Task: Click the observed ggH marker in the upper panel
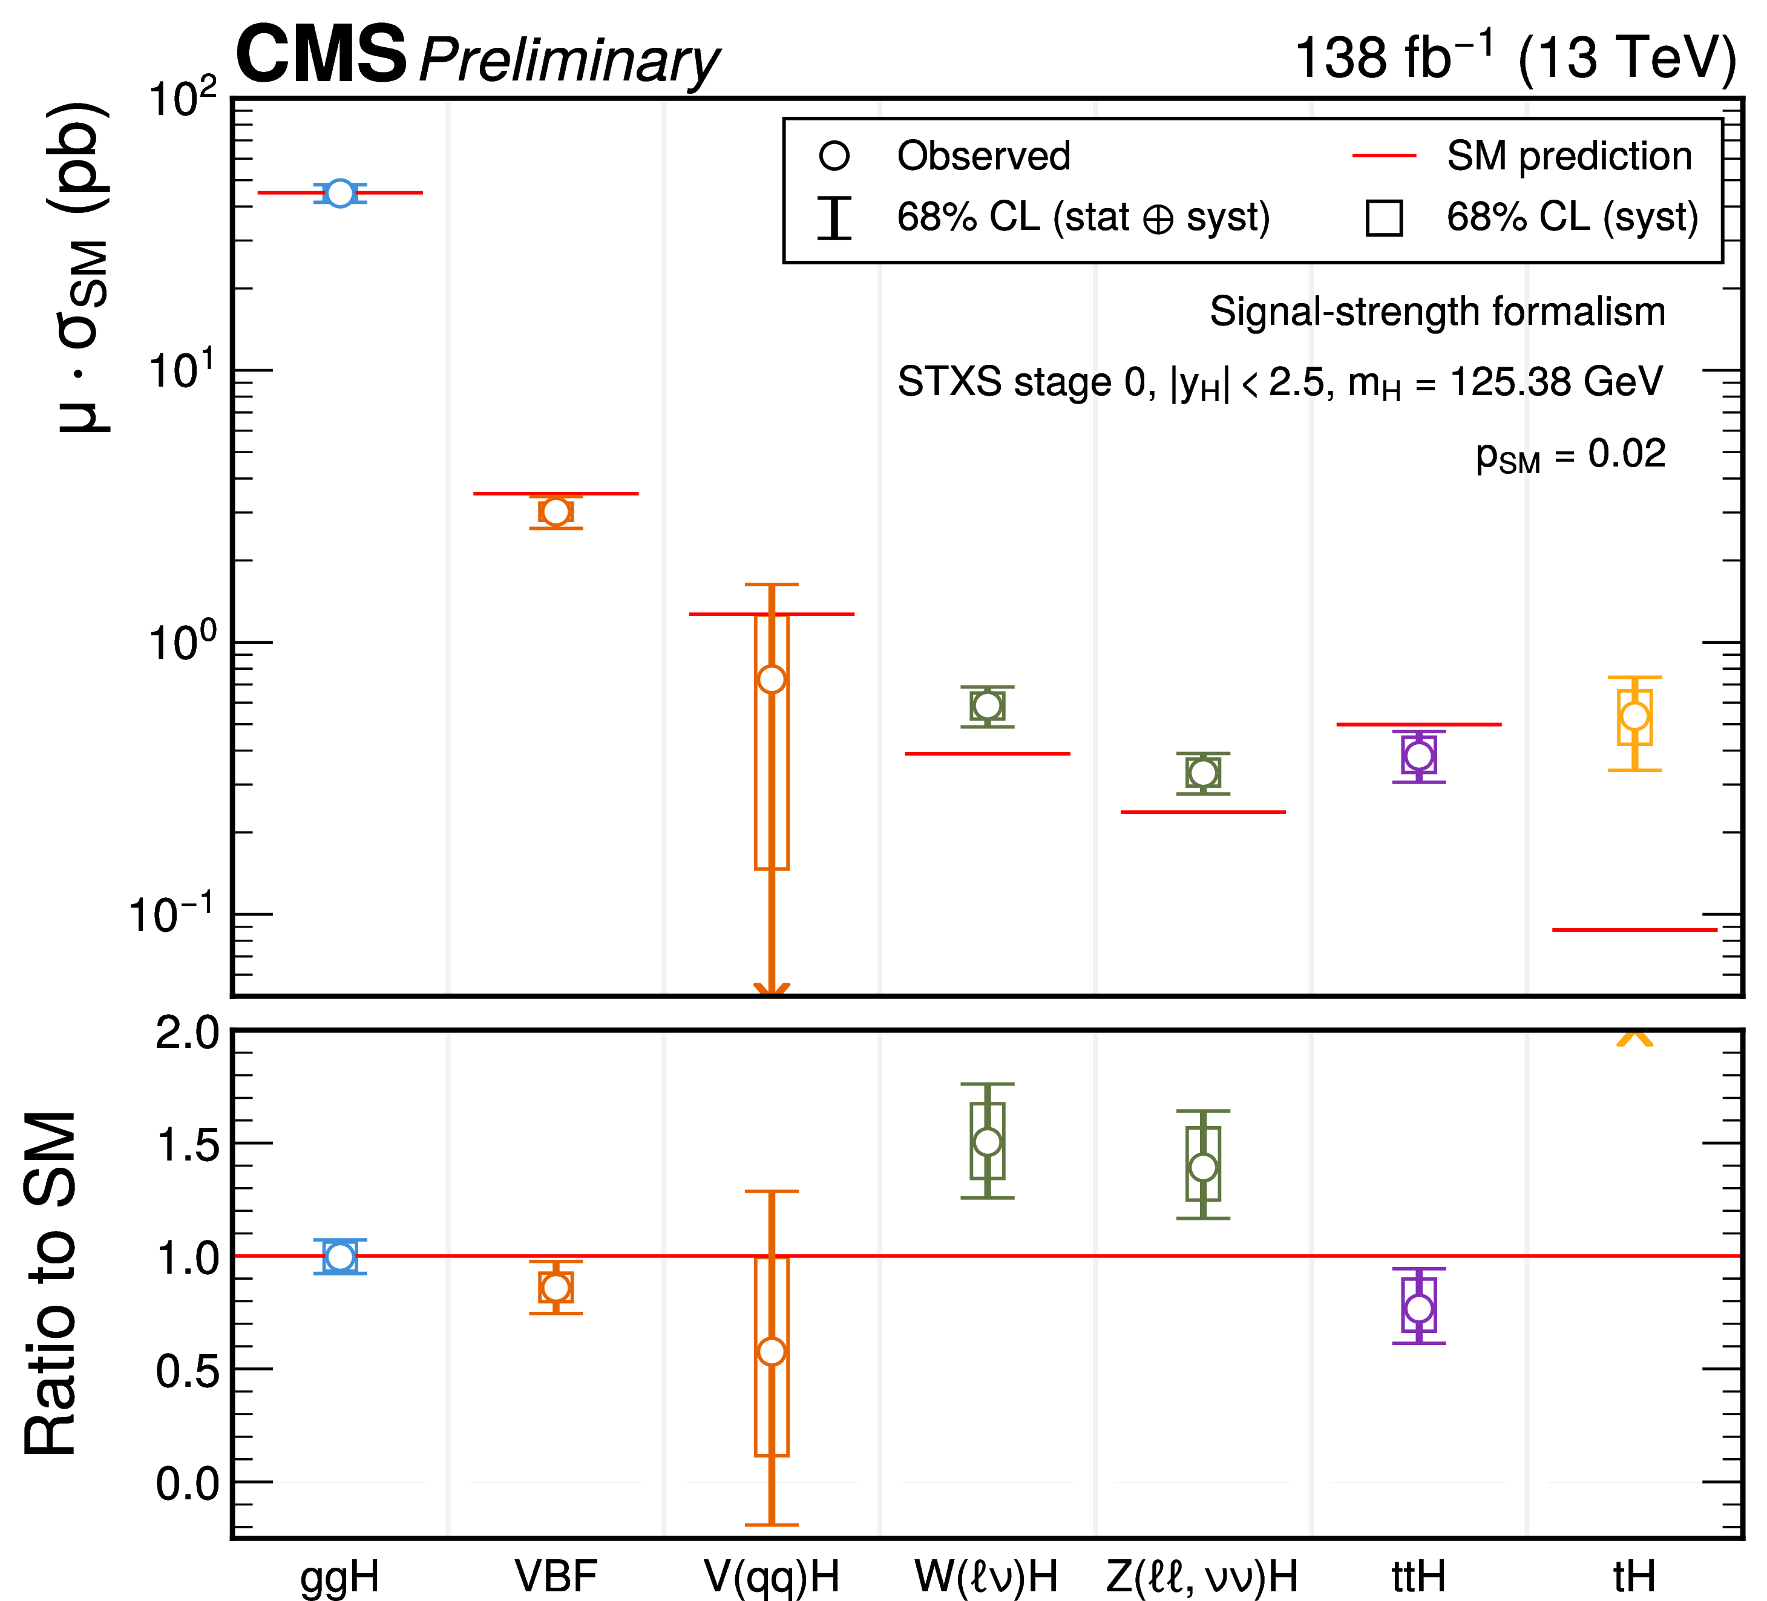tap(339, 193)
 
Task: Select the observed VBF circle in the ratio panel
tap(556, 1288)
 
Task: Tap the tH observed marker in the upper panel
tap(1634, 716)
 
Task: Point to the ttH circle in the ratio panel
tap(1419, 1308)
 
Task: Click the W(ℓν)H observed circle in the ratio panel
tap(988, 1142)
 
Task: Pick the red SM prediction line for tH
tap(1634, 930)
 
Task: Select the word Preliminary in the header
tap(569, 61)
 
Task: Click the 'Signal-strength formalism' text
tap(1437, 312)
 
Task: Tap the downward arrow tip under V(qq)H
tap(772, 992)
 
